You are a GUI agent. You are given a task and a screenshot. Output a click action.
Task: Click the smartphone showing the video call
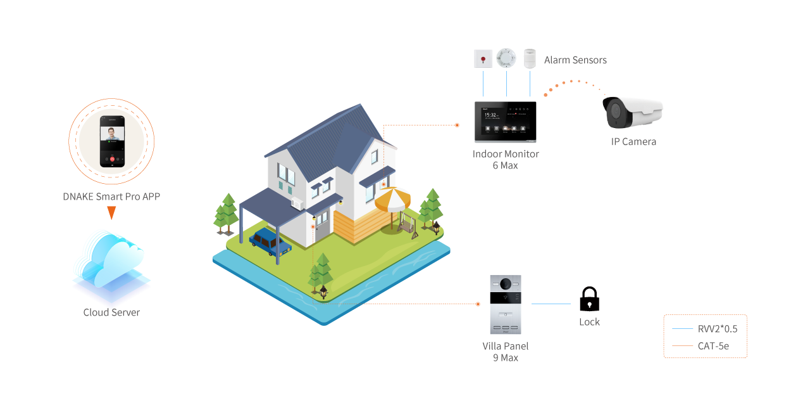tap(111, 141)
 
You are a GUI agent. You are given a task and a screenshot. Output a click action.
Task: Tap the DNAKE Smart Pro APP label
tap(111, 196)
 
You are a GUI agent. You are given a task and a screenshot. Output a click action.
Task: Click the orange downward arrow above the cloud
tap(111, 213)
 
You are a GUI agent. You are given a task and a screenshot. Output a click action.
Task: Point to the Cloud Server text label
tap(111, 312)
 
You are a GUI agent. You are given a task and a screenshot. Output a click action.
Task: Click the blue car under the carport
tap(270, 242)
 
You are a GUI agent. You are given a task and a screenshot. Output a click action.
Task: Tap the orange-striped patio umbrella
tap(392, 200)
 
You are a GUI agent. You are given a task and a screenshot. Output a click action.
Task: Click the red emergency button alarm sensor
tap(483, 59)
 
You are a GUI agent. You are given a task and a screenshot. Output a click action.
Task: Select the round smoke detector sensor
tap(506, 58)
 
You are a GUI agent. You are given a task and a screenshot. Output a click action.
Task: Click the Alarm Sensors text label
tap(575, 60)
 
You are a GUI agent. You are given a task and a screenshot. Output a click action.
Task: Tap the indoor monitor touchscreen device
tap(505, 122)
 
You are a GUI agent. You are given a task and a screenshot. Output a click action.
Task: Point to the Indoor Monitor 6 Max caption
tap(506, 160)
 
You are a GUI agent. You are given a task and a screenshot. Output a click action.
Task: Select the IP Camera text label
tap(633, 142)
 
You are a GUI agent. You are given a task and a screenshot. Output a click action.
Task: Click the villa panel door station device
tap(505, 304)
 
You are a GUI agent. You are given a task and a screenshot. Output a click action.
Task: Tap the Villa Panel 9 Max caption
tap(505, 352)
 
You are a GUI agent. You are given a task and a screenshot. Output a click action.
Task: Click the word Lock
tap(589, 322)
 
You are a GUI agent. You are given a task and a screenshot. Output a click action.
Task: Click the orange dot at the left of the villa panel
tap(478, 304)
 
